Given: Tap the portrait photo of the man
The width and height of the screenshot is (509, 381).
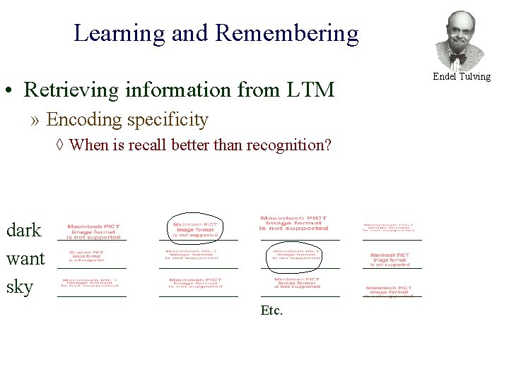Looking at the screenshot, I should [x=460, y=39].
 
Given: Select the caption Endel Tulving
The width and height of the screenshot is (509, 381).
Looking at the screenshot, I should [x=462, y=76].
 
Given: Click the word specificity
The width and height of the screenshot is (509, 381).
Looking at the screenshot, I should [x=168, y=120].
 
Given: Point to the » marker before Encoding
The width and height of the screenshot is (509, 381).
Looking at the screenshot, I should [x=36, y=120].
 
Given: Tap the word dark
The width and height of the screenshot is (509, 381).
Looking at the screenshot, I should [x=24, y=230].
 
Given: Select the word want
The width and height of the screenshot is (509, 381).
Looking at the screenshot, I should [x=25, y=258].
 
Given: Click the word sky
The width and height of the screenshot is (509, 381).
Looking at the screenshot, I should [x=20, y=287].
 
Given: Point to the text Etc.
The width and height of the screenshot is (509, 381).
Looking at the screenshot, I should [x=271, y=310].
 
